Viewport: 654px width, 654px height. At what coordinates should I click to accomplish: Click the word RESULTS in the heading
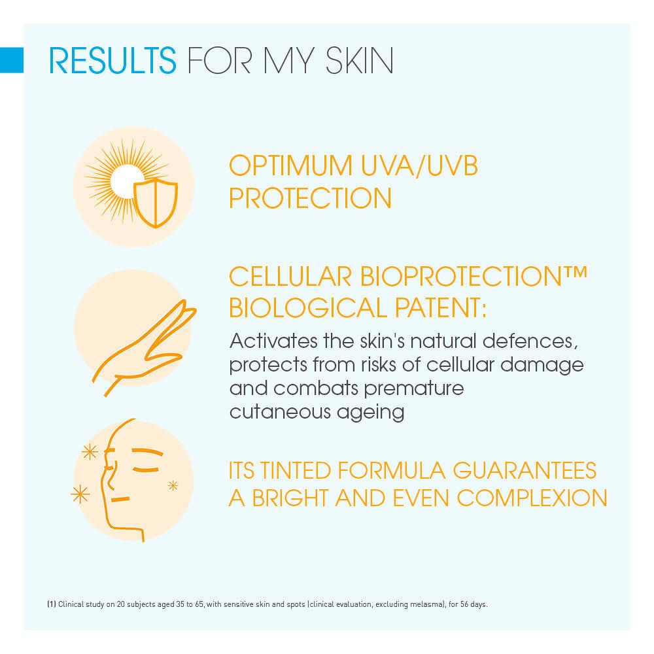[x=112, y=60]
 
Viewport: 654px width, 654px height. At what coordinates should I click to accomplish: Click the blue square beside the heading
[x=12, y=60]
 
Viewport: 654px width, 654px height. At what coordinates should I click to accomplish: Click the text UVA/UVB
[x=419, y=166]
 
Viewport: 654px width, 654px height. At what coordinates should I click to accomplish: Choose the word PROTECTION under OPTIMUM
[x=310, y=198]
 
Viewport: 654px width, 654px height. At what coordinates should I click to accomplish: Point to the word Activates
[x=273, y=341]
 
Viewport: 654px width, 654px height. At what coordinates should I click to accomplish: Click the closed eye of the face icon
[x=146, y=470]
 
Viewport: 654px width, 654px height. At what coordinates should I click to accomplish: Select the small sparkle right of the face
[x=173, y=485]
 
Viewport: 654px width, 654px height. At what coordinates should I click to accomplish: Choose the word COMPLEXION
[x=532, y=498]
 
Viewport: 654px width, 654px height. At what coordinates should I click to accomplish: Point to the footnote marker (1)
[x=51, y=604]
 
